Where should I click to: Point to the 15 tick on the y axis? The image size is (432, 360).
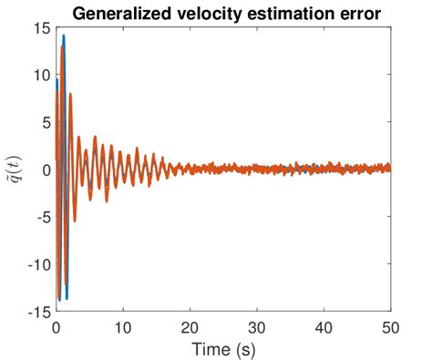pos(41,28)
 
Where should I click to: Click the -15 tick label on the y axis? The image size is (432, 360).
pos(39,312)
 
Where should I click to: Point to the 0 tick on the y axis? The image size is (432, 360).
pos(45,170)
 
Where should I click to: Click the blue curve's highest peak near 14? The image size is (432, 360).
pos(64,36)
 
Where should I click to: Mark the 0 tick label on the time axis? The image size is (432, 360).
pos(57,326)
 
